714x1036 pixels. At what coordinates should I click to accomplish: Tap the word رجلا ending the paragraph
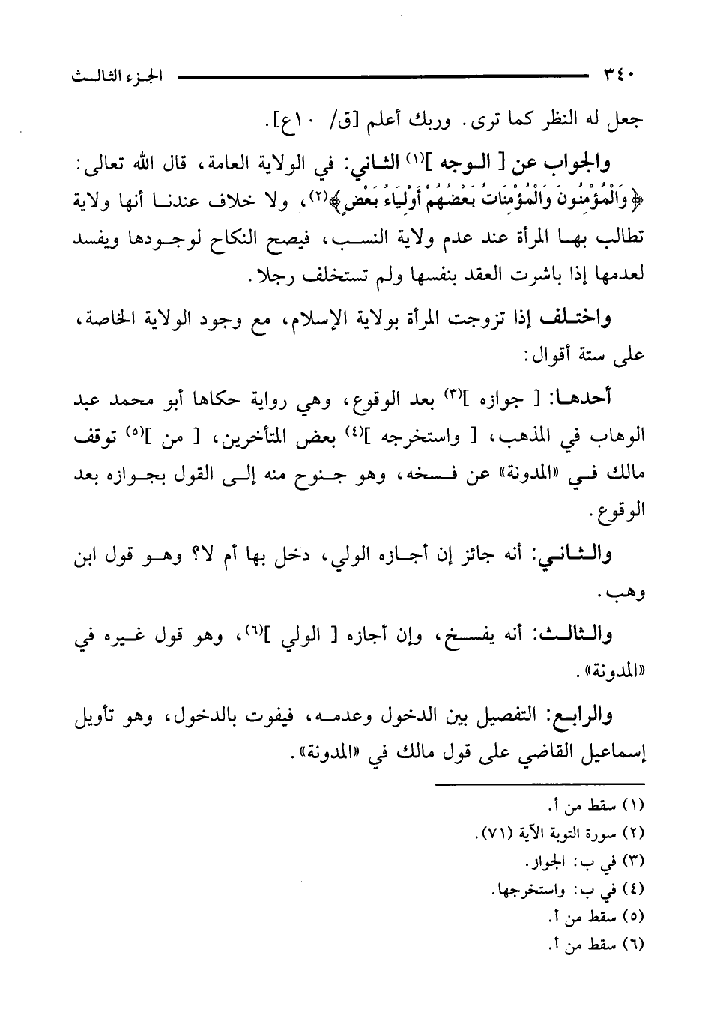tap(266, 276)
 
